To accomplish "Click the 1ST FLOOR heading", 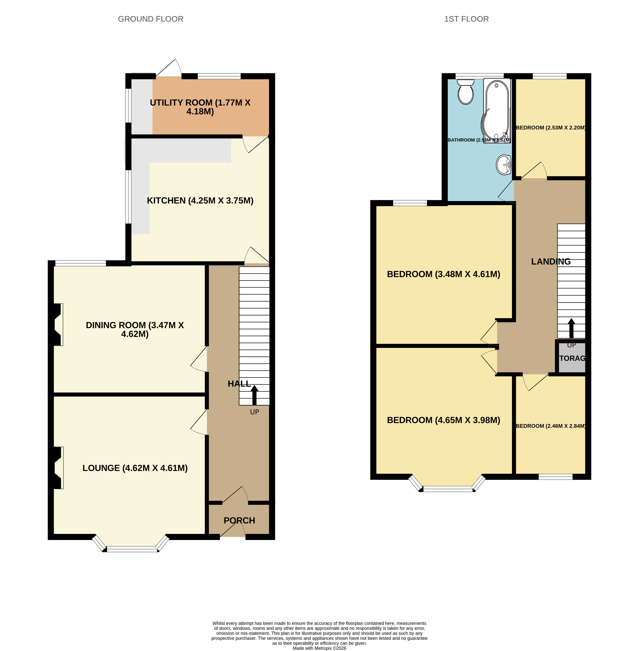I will tap(466, 19).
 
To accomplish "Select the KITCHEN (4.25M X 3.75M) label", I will tap(200, 201).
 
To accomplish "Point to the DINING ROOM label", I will tap(135, 329).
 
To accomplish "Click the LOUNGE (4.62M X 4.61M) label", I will tap(135, 468).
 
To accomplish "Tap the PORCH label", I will tap(239, 520).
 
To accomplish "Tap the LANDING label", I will tap(551, 262).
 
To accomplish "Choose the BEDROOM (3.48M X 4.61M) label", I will tap(443, 274).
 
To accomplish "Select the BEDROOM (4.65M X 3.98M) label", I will tap(443, 420).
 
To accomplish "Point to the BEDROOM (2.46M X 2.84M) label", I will tap(551, 426).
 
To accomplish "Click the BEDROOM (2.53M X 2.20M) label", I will tap(551, 128).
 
